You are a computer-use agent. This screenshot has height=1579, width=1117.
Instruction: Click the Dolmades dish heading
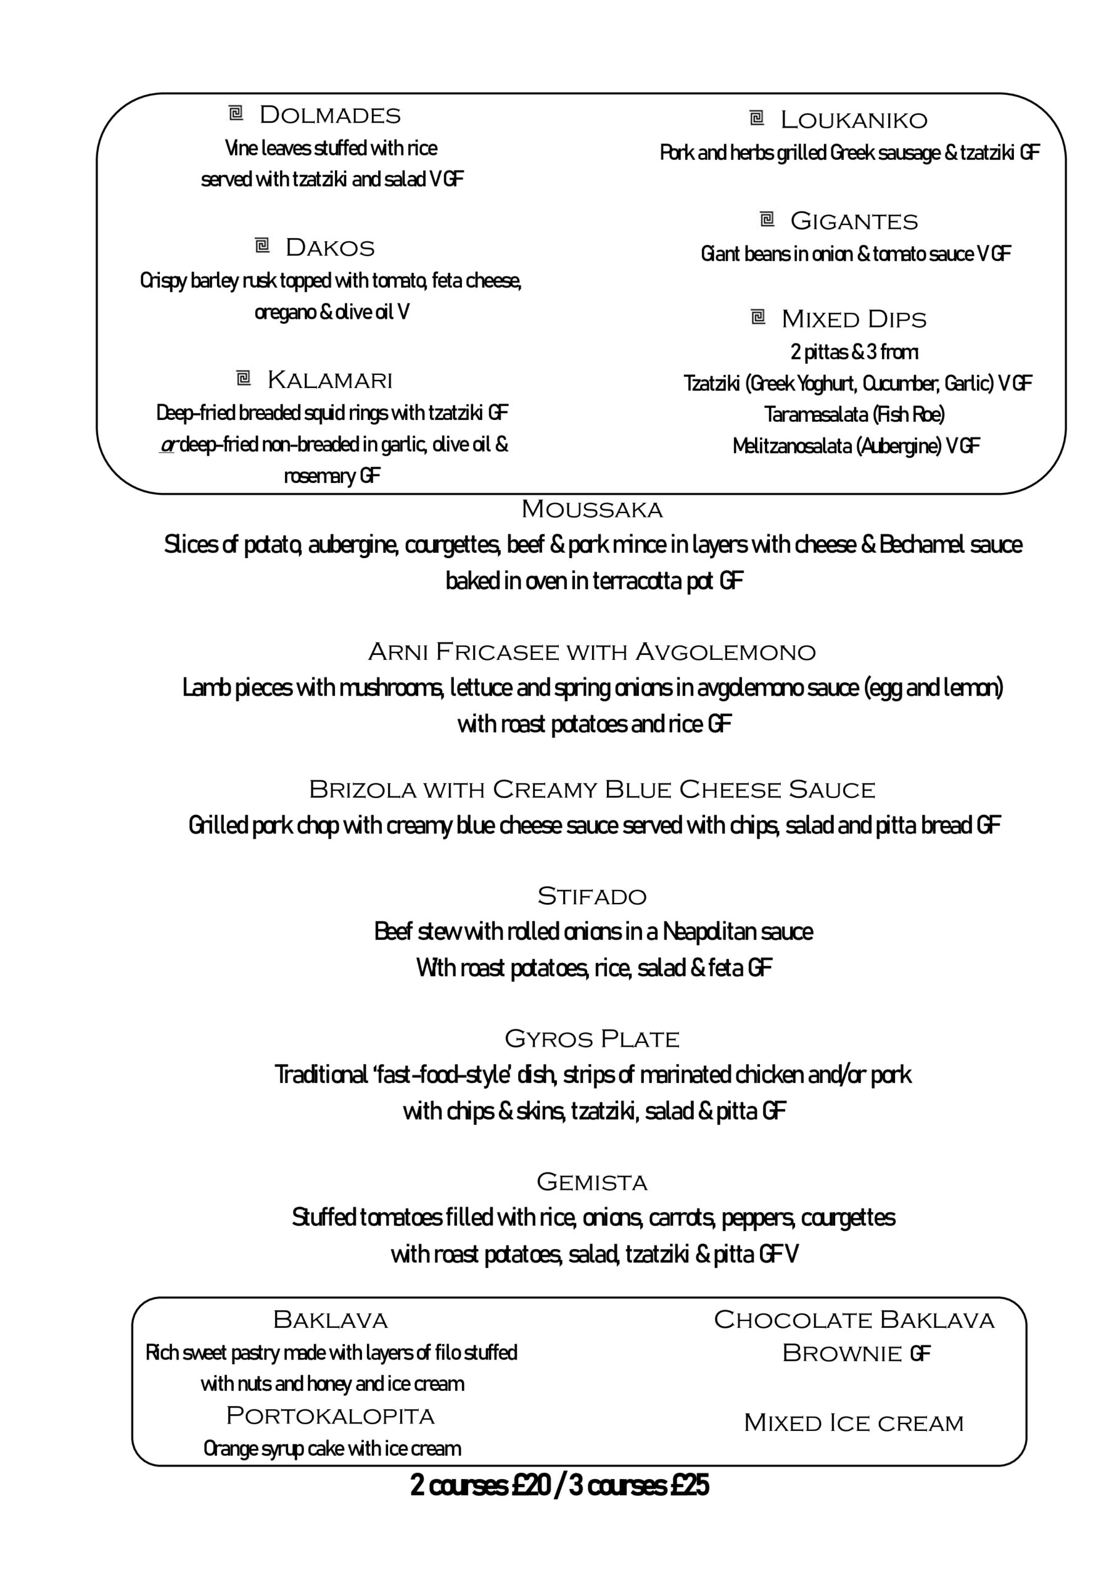pyautogui.click(x=329, y=115)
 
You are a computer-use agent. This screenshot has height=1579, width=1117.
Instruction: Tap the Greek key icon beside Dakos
pyautogui.click(x=262, y=245)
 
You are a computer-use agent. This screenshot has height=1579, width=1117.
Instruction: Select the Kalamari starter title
pyautogui.click(x=329, y=379)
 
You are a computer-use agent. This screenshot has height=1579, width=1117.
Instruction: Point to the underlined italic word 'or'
pyautogui.click(x=168, y=445)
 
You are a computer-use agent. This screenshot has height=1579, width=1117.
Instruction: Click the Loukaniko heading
pyautogui.click(x=854, y=120)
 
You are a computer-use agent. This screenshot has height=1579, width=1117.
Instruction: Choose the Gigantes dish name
pyautogui.click(x=854, y=221)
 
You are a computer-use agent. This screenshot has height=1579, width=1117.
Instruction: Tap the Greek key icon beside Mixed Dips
pyautogui.click(x=757, y=317)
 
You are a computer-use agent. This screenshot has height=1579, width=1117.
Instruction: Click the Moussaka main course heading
pyautogui.click(x=591, y=509)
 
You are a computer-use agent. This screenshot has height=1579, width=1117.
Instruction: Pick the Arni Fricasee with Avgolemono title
pyautogui.click(x=591, y=652)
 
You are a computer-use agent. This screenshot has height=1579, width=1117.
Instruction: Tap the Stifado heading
pyautogui.click(x=591, y=897)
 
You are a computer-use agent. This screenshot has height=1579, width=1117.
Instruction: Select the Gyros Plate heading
pyautogui.click(x=591, y=1039)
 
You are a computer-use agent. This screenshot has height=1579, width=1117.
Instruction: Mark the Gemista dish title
pyautogui.click(x=591, y=1182)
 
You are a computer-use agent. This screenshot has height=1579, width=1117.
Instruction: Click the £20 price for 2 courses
pyautogui.click(x=530, y=1485)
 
